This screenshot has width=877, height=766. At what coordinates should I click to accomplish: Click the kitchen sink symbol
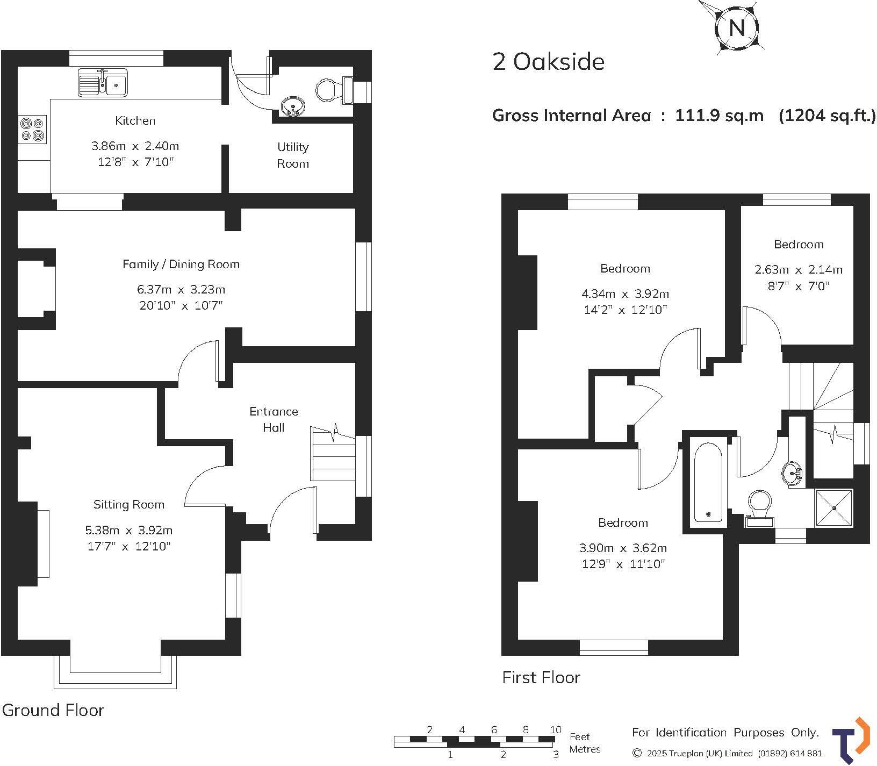103,82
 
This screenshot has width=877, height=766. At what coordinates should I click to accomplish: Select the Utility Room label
293,155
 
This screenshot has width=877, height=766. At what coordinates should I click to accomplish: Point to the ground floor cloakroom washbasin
292,105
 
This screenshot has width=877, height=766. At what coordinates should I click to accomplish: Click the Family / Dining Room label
181,264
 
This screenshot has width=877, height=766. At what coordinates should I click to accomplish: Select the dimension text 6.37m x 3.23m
181,289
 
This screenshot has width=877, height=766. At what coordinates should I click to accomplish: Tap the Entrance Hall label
274,419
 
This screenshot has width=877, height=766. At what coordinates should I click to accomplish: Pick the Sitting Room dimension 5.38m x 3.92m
128,530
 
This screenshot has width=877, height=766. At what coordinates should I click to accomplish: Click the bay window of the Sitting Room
115,672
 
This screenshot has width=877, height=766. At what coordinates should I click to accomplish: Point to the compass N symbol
737,27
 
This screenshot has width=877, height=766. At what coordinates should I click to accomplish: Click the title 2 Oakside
548,62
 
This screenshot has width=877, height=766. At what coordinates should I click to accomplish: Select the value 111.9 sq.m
719,116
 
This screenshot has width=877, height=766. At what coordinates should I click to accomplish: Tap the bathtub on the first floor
708,482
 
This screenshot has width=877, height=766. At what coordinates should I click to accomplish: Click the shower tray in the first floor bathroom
834,507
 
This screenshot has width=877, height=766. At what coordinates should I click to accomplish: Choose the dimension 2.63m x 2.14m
799,269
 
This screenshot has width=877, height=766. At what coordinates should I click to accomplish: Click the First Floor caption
541,677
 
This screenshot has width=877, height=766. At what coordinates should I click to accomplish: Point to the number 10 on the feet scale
556,729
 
